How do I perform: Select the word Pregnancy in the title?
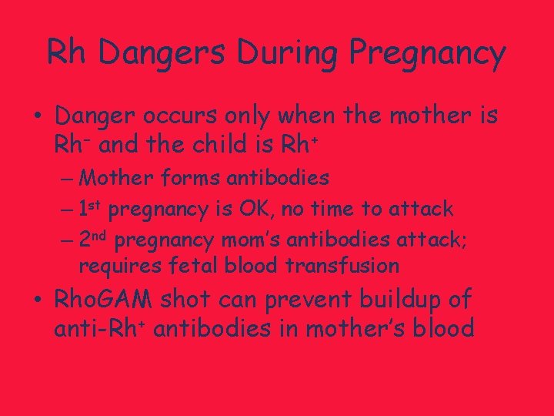pos(427,54)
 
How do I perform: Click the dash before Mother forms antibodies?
pos(66,179)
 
